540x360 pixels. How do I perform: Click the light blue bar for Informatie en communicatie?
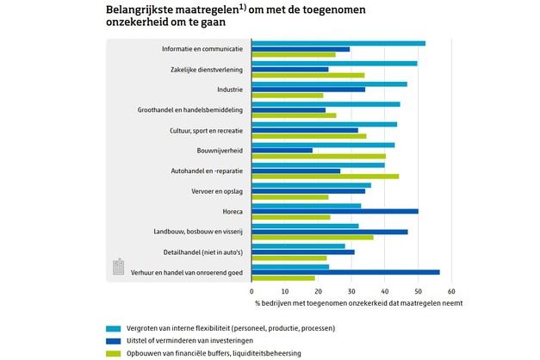338,43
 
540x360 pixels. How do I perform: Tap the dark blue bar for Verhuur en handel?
345,272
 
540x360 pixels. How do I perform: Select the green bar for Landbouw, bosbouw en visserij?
312,238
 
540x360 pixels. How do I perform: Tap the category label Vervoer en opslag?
217,190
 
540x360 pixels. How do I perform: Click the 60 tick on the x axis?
450,291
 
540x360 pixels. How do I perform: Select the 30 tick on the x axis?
351,291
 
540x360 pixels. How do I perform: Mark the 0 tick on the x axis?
251,291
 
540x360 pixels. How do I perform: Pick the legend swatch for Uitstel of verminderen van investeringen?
113,341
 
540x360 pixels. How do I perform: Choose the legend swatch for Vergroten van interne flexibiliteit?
113,328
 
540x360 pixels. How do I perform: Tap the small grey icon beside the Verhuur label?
120,267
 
